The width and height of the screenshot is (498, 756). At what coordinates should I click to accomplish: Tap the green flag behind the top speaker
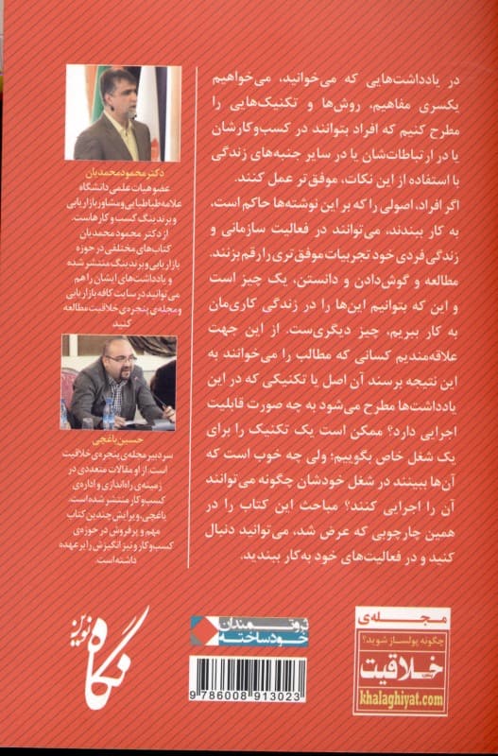coord(94,94)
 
